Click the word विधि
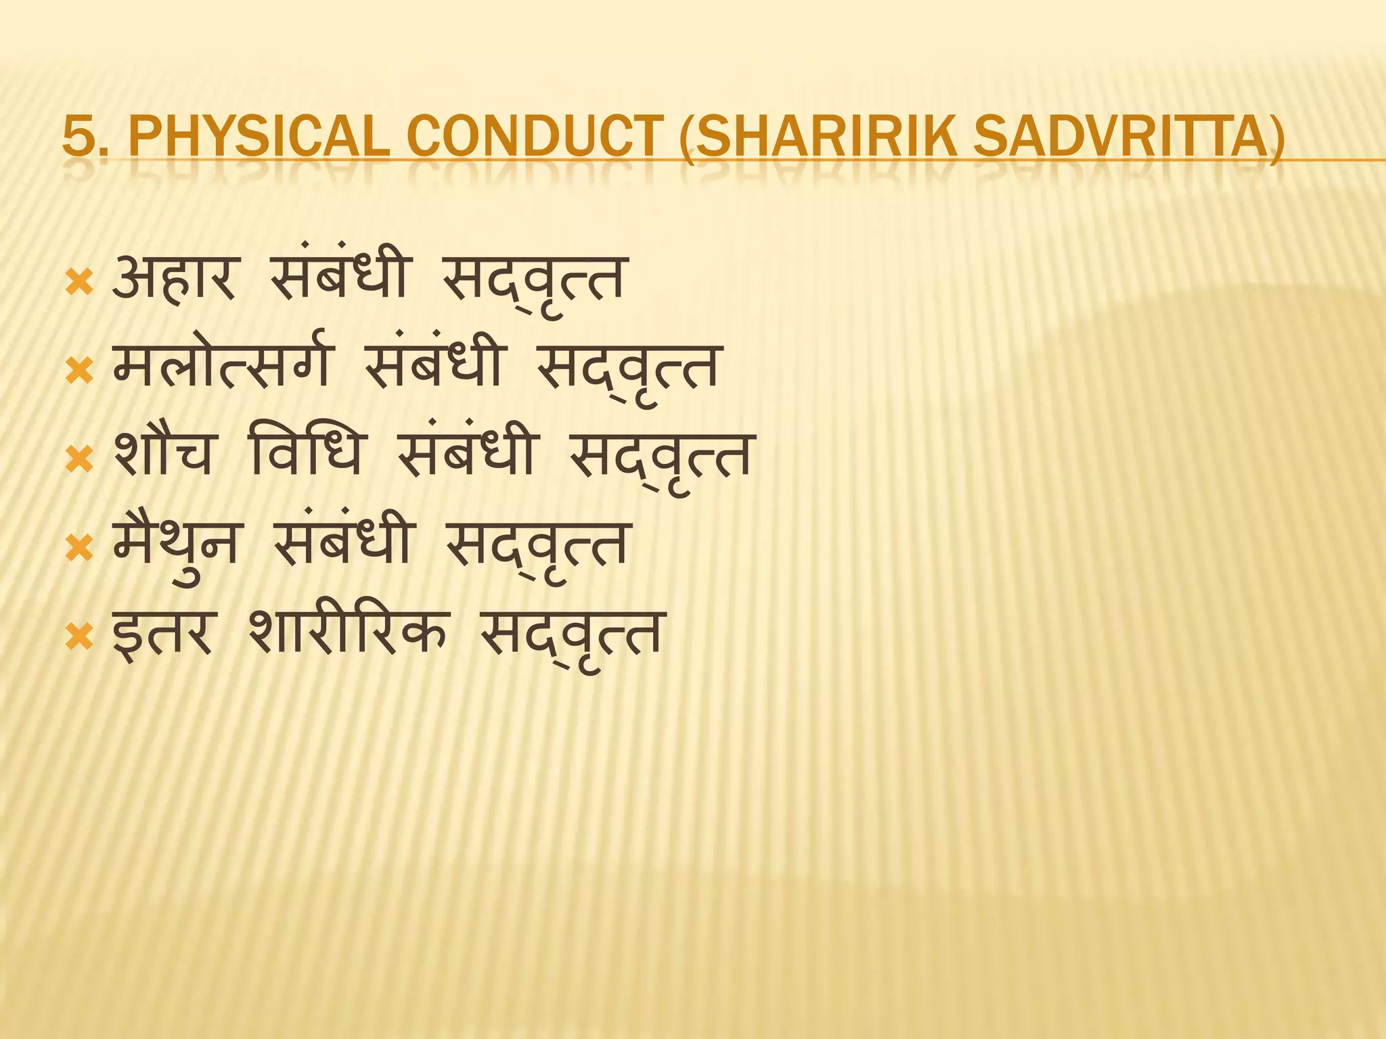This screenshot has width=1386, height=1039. (307, 455)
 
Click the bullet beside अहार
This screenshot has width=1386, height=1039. (79, 283)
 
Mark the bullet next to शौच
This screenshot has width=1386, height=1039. (79, 460)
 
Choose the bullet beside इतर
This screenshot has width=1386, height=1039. (79, 637)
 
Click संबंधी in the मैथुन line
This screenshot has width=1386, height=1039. (342, 545)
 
